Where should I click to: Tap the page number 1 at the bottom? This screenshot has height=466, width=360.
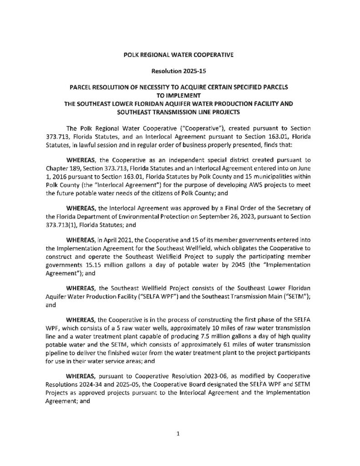pyautogui.click(x=179, y=434)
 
